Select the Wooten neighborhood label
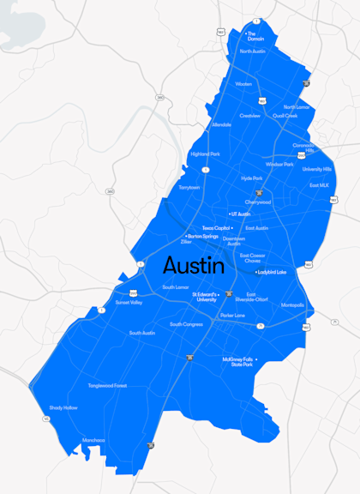pyautogui.click(x=244, y=84)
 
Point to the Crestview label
pyautogui.click(x=249, y=115)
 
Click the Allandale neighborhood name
pyautogui.click(x=221, y=124)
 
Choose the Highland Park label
pyautogui.click(x=205, y=154)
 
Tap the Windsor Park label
pyautogui.click(x=279, y=163)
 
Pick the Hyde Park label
pyautogui.click(x=252, y=178)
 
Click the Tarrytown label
pyautogui.click(x=189, y=187)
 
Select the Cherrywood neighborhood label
pyautogui.click(x=258, y=202)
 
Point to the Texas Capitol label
pyautogui.click(x=216, y=228)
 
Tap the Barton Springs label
pyautogui.click(x=202, y=236)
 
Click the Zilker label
pyautogui.click(x=186, y=243)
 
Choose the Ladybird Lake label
pyautogui.click(x=272, y=272)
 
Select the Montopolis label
pyautogui.click(x=292, y=304)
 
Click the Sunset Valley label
pyautogui.click(x=129, y=302)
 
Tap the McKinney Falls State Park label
pyautogui.click(x=237, y=362)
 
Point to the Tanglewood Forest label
pyautogui.click(x=107, y=386)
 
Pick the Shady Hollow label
pyautogui.click(x=63, y=407)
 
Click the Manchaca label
pyautogui.click(x=93, y=440)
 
